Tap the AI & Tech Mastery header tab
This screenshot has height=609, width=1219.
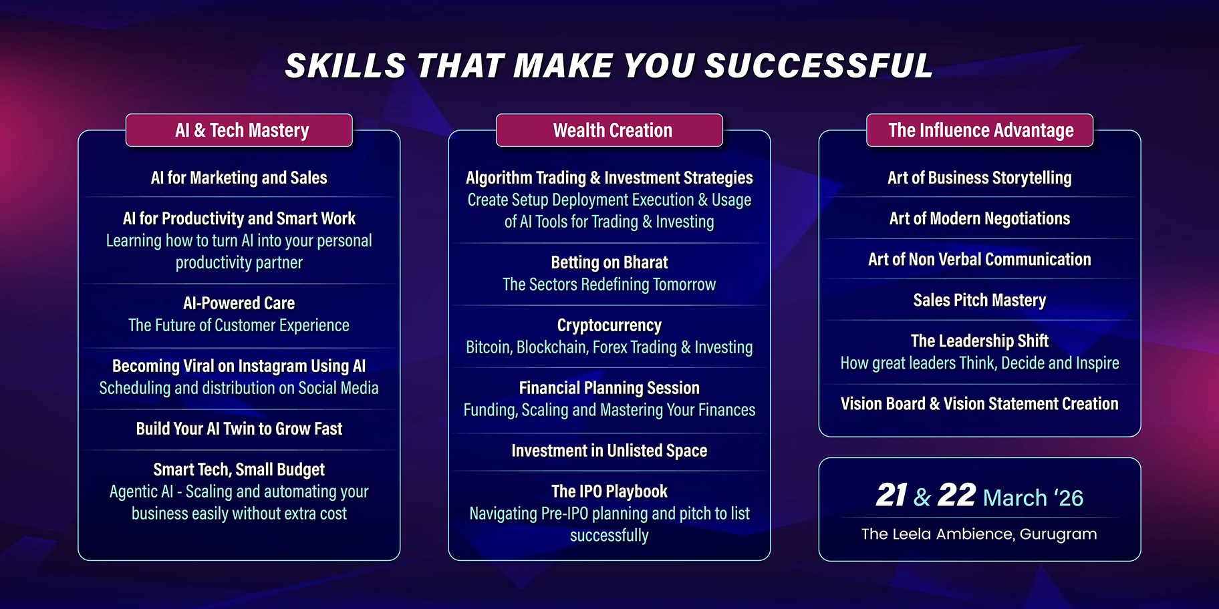[x=239, y=130]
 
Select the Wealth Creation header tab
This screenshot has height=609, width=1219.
[x=609, y=130]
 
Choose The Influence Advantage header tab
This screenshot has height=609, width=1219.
[x=980, y=130]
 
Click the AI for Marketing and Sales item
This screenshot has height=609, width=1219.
[x=239, y=178]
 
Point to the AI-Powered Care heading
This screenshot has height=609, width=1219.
[x=239, y=303]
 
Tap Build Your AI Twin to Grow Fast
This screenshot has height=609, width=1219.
[x=239, y=429]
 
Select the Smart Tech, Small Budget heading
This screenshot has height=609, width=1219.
[x=239, y=469]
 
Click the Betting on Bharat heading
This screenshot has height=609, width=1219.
[x=609, y=262]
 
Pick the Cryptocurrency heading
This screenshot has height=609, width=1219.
[x=609, y=325]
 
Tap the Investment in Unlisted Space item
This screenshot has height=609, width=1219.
[x=609, y=451]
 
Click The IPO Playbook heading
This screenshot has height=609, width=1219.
[x=609, y=491]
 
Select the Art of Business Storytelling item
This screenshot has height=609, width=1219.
[x=980, y=178]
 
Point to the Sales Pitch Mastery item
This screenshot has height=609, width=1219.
[x=980, y=300]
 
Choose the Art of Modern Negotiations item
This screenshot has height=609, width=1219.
[x=980, y=218]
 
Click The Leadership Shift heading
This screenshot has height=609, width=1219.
[x=980, y=341]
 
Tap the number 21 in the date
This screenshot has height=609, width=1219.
[x=892, y=495]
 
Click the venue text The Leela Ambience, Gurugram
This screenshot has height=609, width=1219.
[x=979, y=534]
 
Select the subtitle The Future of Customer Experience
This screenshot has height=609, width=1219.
[x=239, y=325]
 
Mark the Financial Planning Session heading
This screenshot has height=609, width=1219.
[x=609, y=388]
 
